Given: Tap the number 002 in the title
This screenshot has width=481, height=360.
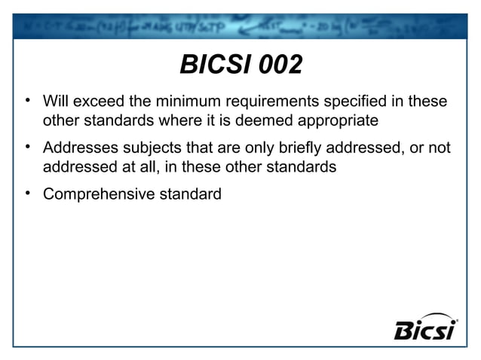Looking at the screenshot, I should tap(280, 66).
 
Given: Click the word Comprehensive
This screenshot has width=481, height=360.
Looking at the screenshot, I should tap(98, 194).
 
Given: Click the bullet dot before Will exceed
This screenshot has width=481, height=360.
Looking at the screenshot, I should tap(26, 100).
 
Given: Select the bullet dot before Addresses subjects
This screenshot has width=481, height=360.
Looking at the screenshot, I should tap(26, 147).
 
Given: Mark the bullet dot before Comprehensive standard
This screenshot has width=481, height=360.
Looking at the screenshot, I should tap(26, 194).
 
